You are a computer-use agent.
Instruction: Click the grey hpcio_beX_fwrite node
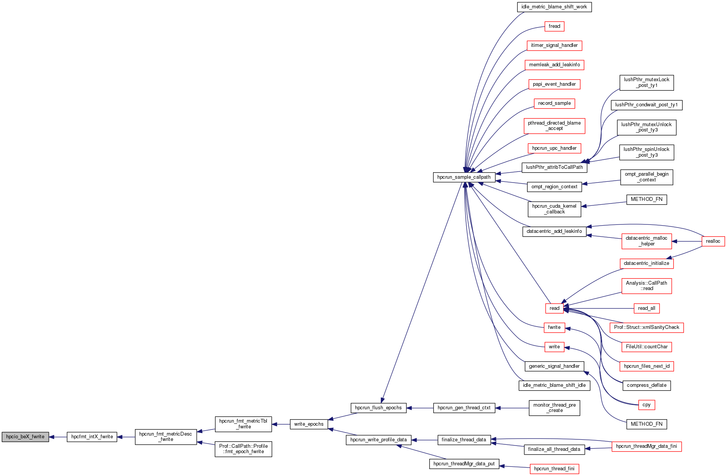click(x=25, y=437)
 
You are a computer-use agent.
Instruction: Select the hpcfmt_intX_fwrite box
click(x=92, y=437)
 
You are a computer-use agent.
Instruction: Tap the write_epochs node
click(x=309, y=424)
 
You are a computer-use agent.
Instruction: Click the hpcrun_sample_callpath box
click(x=464, y=177)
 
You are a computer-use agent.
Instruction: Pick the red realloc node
click(x=713, y=241)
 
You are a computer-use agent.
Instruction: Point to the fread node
click(x=554, y=26)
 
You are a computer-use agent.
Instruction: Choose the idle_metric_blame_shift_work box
click(x=554, y=7)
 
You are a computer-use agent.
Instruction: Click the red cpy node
click(x=647, y=405)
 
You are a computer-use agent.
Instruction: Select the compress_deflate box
click(x=647, y=385)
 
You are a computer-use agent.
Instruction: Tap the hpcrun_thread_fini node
click(x=554, y=469)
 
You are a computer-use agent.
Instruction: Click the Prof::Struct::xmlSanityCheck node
click(x=647, y=327)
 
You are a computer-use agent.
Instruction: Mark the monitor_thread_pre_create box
click(x=554, y=408)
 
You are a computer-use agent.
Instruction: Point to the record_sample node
click(x=554, y=103)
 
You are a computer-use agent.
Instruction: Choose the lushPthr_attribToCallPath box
click(x=554, y=167)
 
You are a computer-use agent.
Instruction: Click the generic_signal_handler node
click(x=554, y=366)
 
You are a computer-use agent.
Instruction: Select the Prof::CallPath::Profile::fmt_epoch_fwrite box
click(x=243, y=449)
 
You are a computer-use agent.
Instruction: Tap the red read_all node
click(x=647, y=308)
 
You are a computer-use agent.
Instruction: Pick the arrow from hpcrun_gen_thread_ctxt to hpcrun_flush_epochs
click(x=420, y=408)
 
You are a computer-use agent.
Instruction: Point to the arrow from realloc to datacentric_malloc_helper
click(x=687, y=241)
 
